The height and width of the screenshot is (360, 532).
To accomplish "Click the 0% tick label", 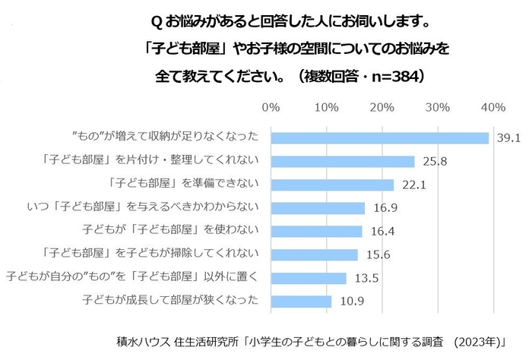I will [x=271, y=108].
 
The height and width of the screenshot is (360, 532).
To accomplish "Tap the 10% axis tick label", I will [x=327, y=108].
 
